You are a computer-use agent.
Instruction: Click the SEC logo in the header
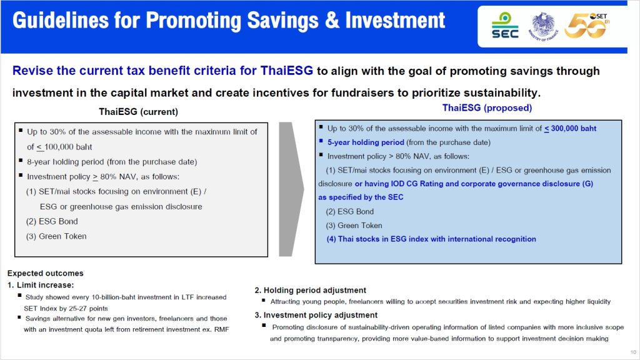[x=505, y=25]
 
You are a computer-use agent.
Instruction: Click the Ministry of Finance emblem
[x=543, y=26]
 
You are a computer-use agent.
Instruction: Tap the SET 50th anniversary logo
[x=587, y=25]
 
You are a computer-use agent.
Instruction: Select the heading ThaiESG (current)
[x=138, y=112]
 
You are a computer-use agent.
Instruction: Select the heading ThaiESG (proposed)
[x=487, y=107]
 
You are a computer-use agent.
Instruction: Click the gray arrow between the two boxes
[x=291, y=189]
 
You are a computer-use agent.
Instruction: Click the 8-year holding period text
[x=112, y=162]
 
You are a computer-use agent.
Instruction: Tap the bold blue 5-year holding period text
[x=366, y=142]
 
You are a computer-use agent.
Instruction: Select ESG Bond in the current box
[x=52, y=221]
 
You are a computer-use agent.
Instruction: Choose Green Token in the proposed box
[x=354, y=225]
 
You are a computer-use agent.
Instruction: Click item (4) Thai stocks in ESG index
[x=431, y=239]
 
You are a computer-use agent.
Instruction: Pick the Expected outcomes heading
[x=45, y=274]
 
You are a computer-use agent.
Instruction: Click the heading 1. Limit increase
[x=41, y=285]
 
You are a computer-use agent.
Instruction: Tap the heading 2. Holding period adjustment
[x=310, y=290]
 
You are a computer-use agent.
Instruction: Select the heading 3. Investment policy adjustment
[x=316, y=315]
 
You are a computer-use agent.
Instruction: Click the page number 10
[x=633, y=352]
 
